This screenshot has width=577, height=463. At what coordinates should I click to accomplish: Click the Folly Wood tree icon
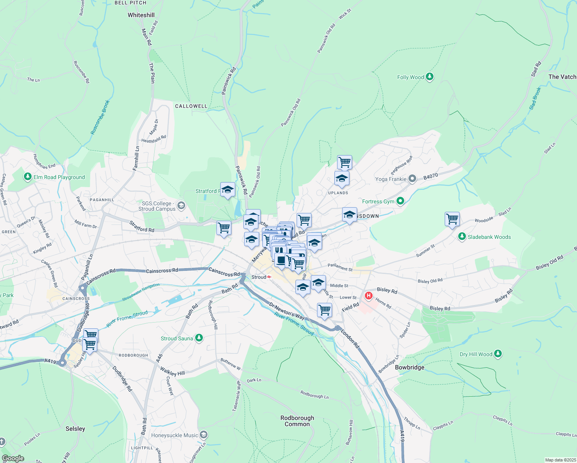[x=429, y=77]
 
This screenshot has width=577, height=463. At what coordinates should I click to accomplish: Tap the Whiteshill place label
[x=141, y=15]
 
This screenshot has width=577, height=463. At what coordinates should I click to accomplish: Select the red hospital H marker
[x=369, y=296]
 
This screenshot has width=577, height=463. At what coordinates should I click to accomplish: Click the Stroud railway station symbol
[x=269, y=277]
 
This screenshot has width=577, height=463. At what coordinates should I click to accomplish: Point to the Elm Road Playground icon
[x=27, y=177]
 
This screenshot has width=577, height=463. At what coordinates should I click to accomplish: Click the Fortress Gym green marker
[x=400, y=201]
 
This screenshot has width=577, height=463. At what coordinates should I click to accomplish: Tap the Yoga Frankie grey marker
[x=412, y=179]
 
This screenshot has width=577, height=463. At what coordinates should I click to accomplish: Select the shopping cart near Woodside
[x=452, y=219]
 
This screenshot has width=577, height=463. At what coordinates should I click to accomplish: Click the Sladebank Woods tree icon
[x=462, y=237]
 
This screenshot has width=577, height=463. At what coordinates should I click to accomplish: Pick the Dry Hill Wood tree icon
[x=498, y=354]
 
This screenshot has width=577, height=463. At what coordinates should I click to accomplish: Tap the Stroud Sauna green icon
[x=199, y=338]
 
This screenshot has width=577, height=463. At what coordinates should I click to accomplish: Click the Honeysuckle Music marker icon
[x=204, y=435]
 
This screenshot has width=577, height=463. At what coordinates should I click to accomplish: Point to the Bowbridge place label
[x=410, y=367]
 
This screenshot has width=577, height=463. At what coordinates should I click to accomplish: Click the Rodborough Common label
[x=297, y=421]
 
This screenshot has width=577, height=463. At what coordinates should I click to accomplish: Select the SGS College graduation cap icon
[x=181, y=206]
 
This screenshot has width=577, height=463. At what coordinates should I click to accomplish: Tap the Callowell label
[x=191, y=106]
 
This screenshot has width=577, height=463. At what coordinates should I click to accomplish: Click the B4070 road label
[x=430, y=176]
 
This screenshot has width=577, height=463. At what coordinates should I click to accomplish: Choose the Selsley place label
[x=75, y=429]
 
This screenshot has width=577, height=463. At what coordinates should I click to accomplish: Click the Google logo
[x=13, y=458]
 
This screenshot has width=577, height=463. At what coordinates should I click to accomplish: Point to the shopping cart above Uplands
[x=344, y=162]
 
